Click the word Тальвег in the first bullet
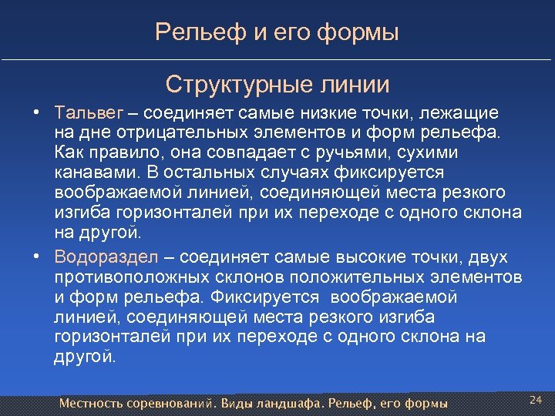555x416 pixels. click(x=86, y=112)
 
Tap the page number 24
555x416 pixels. click(x=536, y=399)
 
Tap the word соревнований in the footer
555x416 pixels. click(x=168, y=403)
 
